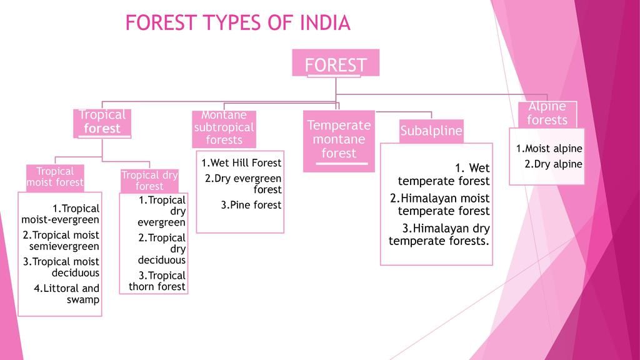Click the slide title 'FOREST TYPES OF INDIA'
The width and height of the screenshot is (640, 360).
click(x=238, y=23)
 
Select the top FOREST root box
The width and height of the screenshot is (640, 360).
click(x=336, y=63)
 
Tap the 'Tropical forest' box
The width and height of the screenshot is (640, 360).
click(x=102, y=122)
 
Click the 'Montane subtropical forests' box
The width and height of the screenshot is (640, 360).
click(x=224, y=129)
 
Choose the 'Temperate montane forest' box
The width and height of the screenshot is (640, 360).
click(x=339, y=141)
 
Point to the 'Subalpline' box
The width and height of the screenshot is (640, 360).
click(x=431, y=131)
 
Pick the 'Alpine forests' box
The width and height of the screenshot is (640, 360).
click(x=547, y=114)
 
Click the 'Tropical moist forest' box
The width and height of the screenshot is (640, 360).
click(x=55, y=177)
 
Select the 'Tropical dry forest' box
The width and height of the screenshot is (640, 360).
click(x=149, y=181)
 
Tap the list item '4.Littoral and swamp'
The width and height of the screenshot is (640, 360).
click(x=67, y=294)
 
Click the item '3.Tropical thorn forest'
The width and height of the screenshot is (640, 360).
click(x=157, y=281)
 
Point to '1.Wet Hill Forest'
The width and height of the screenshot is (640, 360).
click(x=241, y=163)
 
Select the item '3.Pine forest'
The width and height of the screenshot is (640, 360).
click(x=251, y=205)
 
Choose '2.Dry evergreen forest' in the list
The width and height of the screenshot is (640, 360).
click(x=243, y=184)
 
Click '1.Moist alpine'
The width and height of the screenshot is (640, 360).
click(x=549, y=149)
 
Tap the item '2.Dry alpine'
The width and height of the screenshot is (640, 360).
click(x=554, y=164)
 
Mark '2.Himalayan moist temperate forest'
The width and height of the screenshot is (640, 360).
click(x=439, y=204)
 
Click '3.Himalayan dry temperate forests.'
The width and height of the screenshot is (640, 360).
click(x=439, y=235)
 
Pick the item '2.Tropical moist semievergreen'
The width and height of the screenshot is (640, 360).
click(x=61, y=241)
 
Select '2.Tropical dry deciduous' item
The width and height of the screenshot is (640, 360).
click(x=162, y=249)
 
